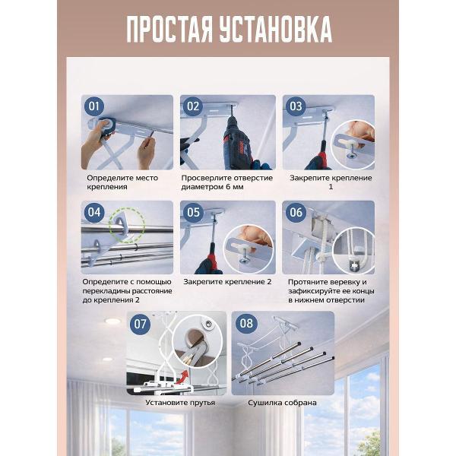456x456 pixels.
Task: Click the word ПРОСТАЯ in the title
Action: pos(169,30)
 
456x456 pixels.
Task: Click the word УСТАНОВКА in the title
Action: pos(276,30)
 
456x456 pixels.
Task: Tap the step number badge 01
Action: pos(94,106)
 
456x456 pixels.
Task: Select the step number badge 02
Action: pos(193,106)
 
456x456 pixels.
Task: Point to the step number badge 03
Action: pos(296,106)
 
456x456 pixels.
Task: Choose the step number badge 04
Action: pos(94,212)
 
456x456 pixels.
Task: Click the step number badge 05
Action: pos(193,212)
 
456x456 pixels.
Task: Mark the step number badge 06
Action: pos(296,212)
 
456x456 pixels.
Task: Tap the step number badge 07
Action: pos(140,324)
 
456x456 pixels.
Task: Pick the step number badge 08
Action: pos(246,324)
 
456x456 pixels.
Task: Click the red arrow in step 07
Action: pos(183,376)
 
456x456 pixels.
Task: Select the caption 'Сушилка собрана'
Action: pos(282,403)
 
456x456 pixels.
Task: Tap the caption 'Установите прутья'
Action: pos(180,403)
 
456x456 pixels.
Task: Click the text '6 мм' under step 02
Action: pos(235,187)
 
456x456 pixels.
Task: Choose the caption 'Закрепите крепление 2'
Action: pos(227,282)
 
